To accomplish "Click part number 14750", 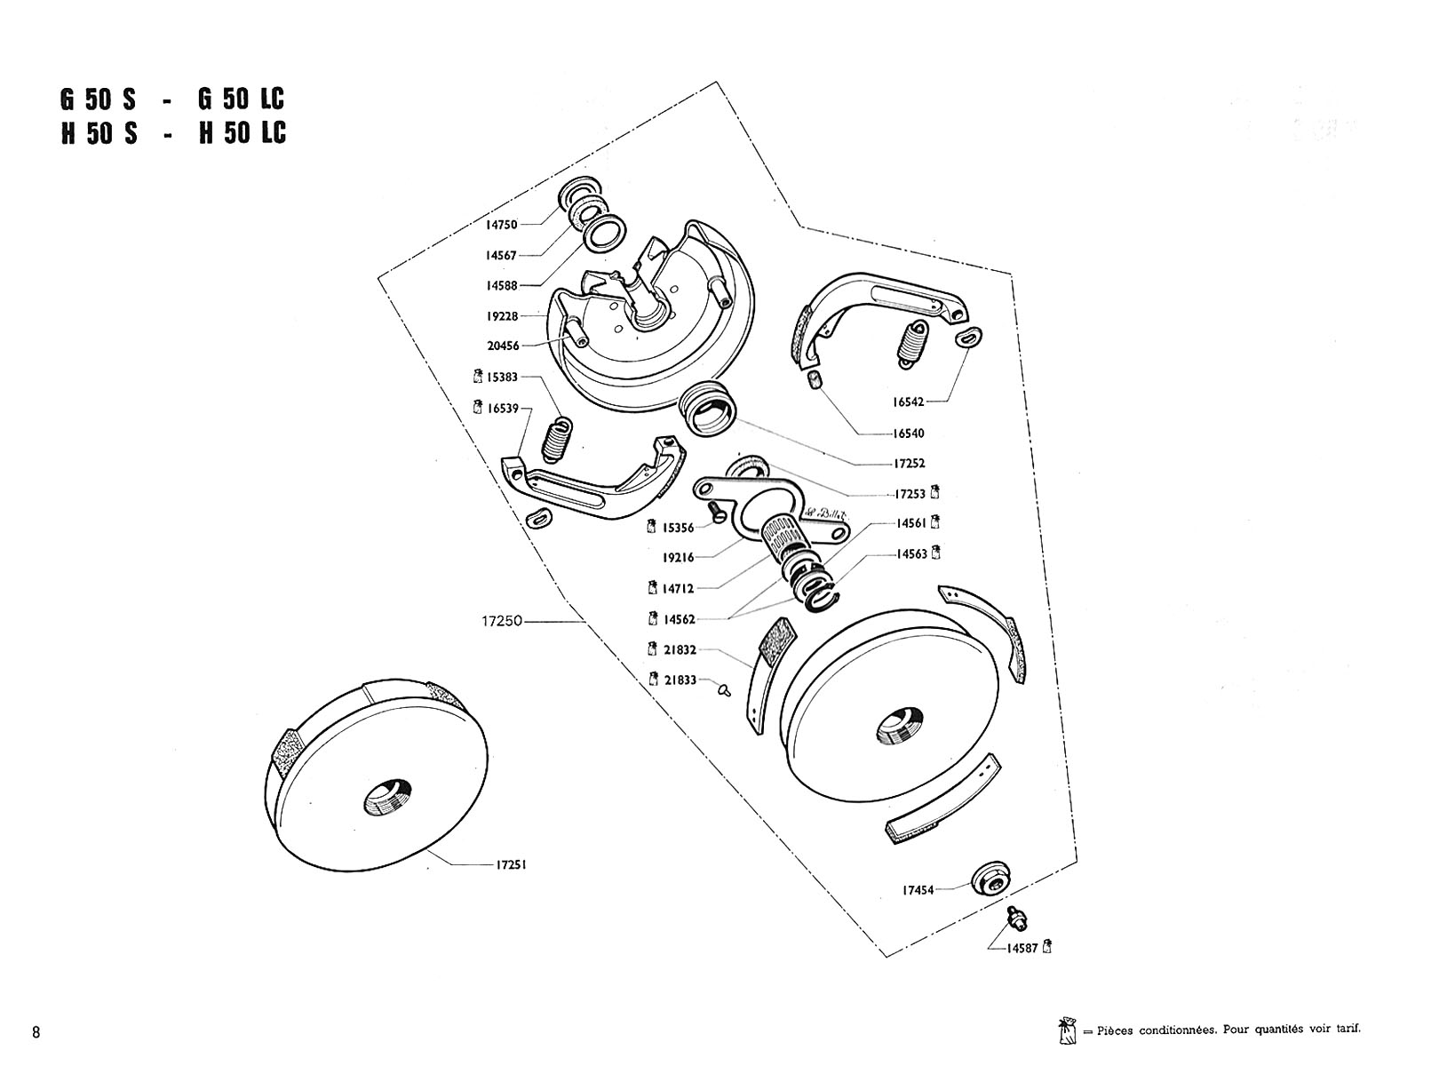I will [x=501, y=225].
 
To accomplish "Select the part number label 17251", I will [x=511, y=864].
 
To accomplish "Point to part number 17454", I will [x=918, y=889].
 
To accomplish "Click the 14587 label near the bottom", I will [x=1022, y=948].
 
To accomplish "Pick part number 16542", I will [x=909, y=402].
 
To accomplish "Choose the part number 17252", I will [x=910, y=463].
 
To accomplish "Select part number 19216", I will [x=679, y=558].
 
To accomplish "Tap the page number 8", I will [x=36, y=1032].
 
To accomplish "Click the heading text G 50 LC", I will [x=242, y=98].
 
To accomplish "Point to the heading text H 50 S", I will [x=99, y=133].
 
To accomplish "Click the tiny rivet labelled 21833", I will [x=724, y=688].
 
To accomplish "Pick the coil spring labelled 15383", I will [x=556, y=439].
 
